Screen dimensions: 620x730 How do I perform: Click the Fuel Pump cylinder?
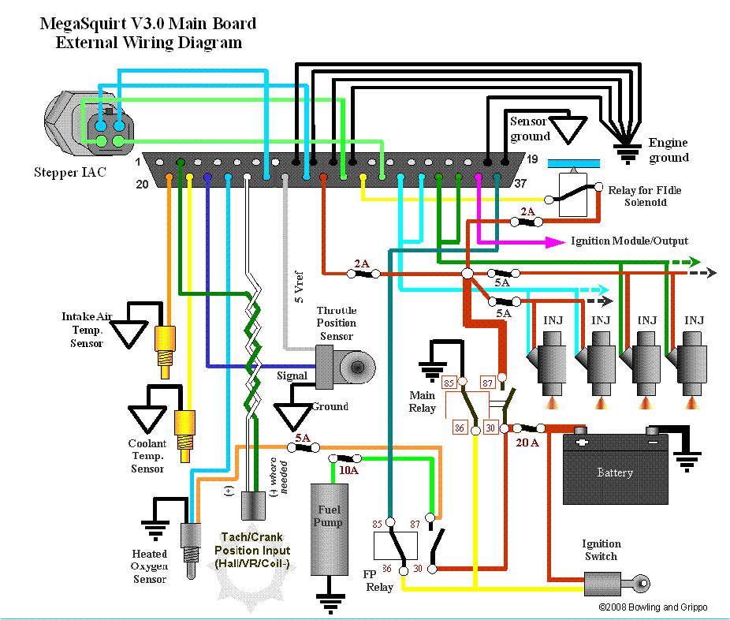[329, 528]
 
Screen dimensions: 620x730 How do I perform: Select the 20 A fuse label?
[527, 443]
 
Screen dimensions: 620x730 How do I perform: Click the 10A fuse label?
[348, 470]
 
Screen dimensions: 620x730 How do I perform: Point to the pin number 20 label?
[141, 183]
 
